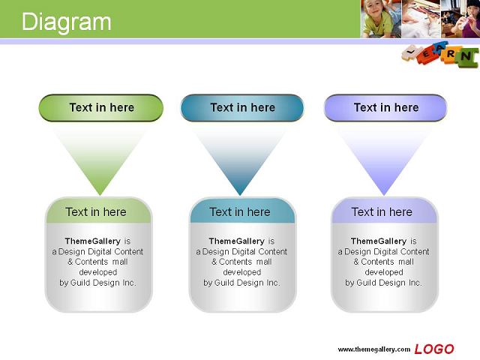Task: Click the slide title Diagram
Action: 66,22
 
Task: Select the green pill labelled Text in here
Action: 101,108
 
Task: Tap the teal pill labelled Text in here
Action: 242,108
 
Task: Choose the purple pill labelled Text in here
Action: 385,108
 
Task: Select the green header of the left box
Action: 98,211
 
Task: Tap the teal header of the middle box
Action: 242,211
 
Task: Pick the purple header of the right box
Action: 385,211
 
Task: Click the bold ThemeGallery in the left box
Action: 93,241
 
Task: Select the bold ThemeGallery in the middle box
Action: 237,241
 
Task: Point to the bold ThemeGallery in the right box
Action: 379,241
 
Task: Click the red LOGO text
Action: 434,349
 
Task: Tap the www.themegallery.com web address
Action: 374,349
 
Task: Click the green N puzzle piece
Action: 466,57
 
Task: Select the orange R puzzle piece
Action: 450,54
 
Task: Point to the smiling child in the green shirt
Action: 380,19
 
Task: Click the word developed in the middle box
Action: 242,272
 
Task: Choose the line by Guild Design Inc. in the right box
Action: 383,283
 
